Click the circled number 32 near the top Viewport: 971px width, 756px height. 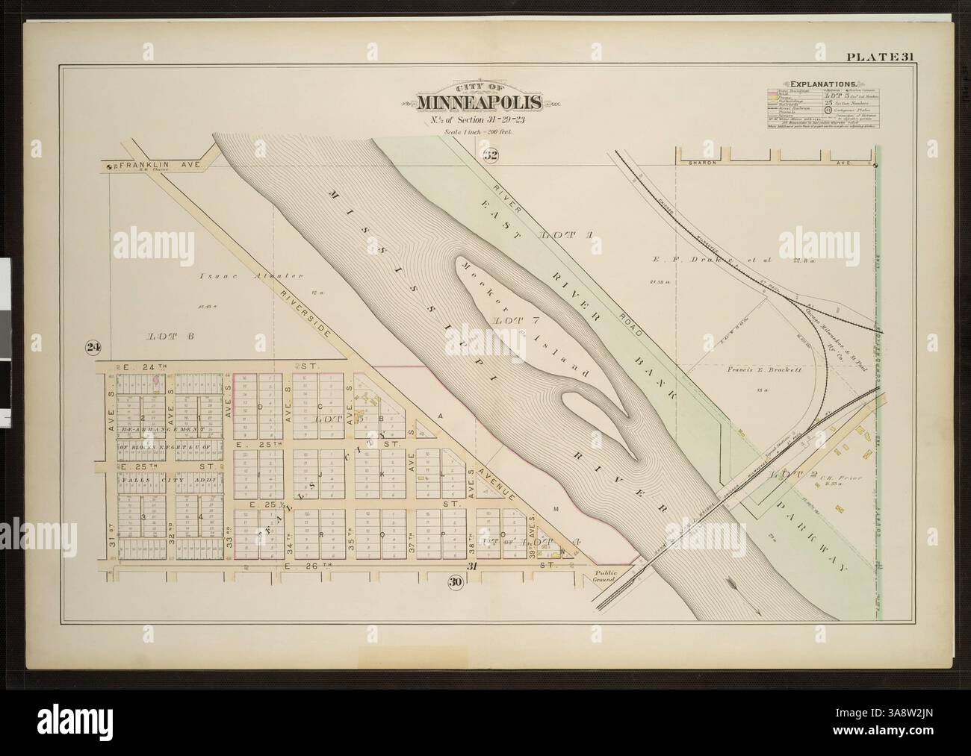(x=490, y=156)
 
